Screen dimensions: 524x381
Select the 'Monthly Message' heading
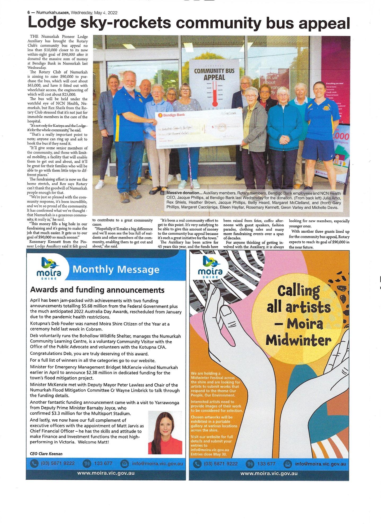[x=116, y=269]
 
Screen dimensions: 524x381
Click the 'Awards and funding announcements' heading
[x=97, y=290]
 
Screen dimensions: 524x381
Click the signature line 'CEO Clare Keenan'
[x=46, y=454]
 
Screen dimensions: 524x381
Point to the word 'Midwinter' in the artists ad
[x=299, y=340]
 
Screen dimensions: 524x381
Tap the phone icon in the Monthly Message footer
[x=34, y=463]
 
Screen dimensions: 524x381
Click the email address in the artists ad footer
[x=320, y=464]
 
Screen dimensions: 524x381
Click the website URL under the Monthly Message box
[x=106, y=473]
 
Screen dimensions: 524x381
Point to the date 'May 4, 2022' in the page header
[x=106, y=12]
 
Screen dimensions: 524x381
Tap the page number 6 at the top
[x=28, y=12]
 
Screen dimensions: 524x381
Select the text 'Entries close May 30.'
[x=209, y=454]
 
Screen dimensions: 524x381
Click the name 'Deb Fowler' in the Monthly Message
[x=59, y=324]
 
